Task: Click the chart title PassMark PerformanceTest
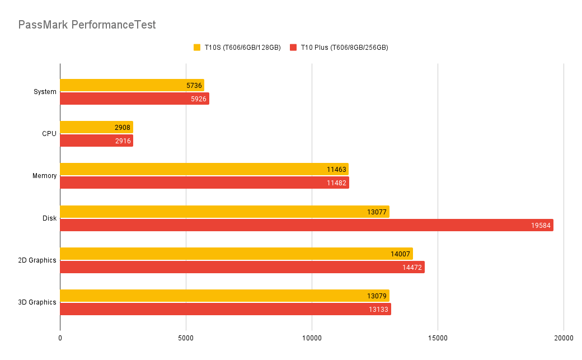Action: [x=87, y=25]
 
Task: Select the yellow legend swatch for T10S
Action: [x=197, y=48]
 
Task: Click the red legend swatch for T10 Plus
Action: [x=293, y=48]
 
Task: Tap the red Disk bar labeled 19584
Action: [x=307, y=225]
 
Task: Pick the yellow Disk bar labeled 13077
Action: [x=224, y=212]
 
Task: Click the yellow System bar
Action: [x=132, y=85]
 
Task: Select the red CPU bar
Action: [x=96, y=141]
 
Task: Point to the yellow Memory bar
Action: [x=204, y=169]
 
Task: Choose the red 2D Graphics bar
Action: [x=242, y=267]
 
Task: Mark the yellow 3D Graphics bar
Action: [x=224, y=296]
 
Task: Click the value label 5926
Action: [x=197, y=99]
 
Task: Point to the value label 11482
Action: [x=337, y=183]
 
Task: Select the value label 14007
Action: [x=401, y=254]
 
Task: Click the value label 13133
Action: [x=379, y=310]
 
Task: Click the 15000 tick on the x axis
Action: [x=438, y=338]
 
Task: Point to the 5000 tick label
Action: [x=186, y=338]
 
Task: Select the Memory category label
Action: [x=44, y=176]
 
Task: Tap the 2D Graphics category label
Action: [x=36, y=260]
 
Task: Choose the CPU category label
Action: [x=49, y=134]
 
